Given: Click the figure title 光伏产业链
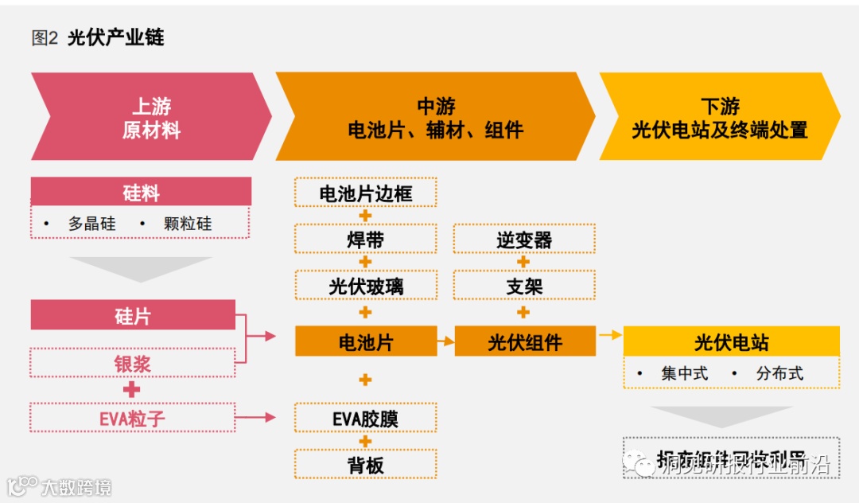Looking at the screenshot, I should click(x=115, y=37).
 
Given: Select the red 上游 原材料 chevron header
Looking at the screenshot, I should click(x=151, y=118).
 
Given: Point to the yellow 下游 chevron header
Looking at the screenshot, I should click(x=720, y=118).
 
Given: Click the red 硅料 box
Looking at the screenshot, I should click(x=141, y=192).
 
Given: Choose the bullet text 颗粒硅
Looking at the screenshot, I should click(x=188, y=224).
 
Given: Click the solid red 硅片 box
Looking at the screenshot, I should click(x=133, y=315).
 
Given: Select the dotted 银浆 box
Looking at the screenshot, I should click(x=133, y=363).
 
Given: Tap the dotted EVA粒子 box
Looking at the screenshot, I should click(x=133, y=417).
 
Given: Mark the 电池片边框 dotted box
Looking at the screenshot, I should click(x=366, y=193).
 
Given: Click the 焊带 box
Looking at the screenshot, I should click(x=366, y=239).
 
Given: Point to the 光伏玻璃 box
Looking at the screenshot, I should click(x=366, y=286).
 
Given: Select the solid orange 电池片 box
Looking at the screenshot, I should click(x=366, y=341).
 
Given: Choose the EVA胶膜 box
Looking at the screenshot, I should click(x=366, y=418).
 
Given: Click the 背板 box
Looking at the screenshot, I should click(x=366, y=465).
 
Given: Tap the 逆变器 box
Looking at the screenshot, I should click(x=524, y=239).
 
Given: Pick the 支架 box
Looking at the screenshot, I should click(x=524, y=286).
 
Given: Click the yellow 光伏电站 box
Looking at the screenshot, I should click(x=732, y=341).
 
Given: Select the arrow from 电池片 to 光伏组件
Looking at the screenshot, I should click(x=446, y=342).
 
